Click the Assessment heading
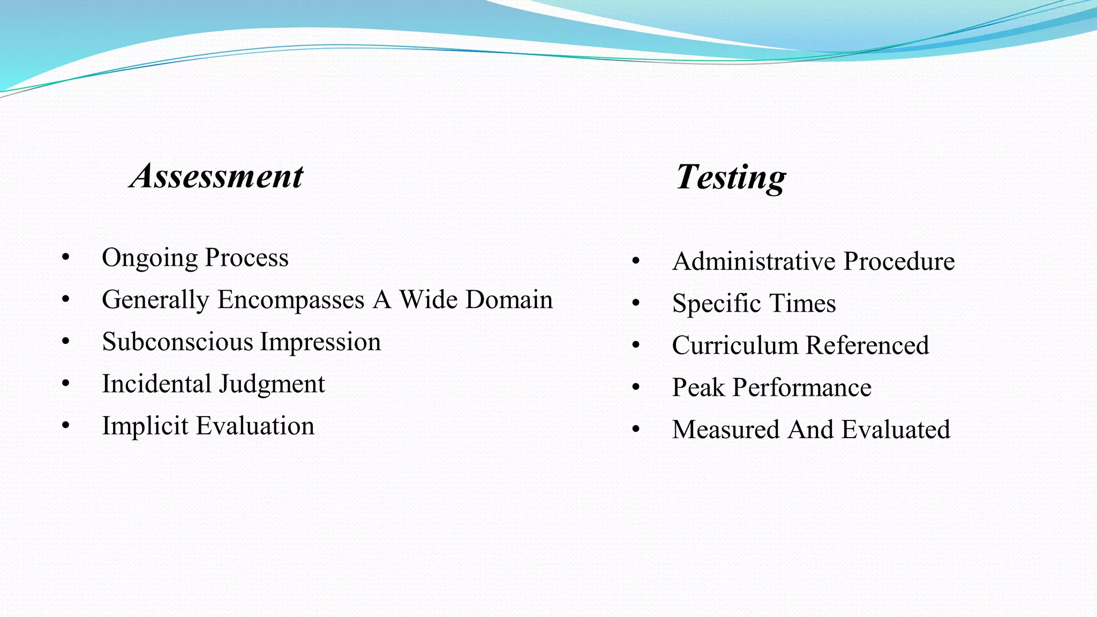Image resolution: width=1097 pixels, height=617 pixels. (217, 176)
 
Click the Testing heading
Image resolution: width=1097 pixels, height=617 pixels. (731, 177)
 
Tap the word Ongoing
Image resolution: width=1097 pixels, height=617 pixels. (150, 258)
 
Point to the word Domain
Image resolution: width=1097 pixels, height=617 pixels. (509, 299)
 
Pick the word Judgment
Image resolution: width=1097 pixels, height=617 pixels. (272, 385)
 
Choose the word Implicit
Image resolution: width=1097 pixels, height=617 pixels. (145, 426)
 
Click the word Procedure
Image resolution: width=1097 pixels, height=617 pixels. (899, 262)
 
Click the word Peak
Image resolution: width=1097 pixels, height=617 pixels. (698, 388)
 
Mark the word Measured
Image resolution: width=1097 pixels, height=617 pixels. (726, 430)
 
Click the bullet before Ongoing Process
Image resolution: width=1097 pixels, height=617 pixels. (66, 258)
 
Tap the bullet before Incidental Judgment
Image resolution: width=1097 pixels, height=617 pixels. (66, 383)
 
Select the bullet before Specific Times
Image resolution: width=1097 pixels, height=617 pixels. (636, 303)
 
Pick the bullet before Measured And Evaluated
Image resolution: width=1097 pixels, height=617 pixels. (636, 430)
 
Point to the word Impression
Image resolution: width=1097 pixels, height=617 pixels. (320, 342)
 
